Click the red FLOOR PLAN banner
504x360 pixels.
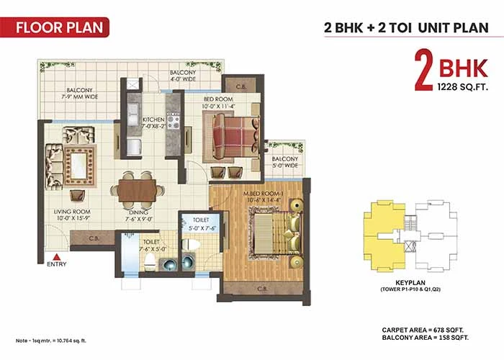coord(55,27)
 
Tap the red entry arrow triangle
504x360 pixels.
coord(57,257)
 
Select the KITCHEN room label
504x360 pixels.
coord(153,120)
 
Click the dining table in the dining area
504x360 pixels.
coord(137,191)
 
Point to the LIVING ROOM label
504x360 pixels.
coord(72,212)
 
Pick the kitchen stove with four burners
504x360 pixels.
coord(173,120)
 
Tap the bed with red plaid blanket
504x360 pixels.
coord(235,137)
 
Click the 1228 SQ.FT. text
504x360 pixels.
coord(462,87)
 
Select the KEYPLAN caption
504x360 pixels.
coord(410,283)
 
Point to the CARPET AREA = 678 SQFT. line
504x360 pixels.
coord(423,330)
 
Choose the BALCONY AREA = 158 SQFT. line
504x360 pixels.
coord(426,338)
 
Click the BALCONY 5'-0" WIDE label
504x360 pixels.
coord(285,162)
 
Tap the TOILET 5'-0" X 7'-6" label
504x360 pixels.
coord(201,224)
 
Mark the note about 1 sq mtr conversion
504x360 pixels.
coord(51,341)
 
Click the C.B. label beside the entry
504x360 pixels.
coord(94,238)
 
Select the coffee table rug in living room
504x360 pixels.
coord(79,166)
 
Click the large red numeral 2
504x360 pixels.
coord(423,70)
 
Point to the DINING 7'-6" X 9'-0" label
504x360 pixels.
coord(139,216)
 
